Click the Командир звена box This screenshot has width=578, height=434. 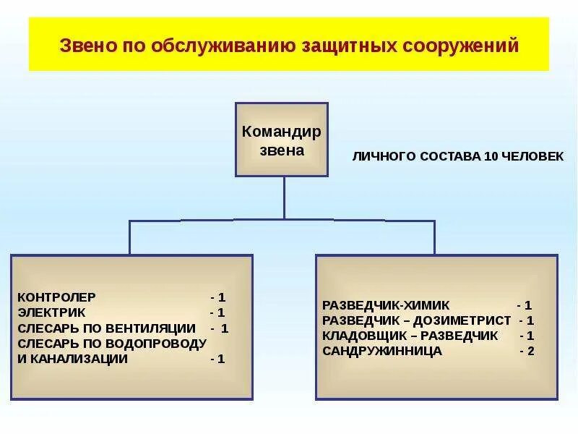(x=282, y=140)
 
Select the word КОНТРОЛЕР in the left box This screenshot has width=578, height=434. (x=56, y=297)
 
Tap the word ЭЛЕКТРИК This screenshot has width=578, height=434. (x=51, y=312)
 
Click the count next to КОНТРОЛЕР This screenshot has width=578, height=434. (x=218, y=297)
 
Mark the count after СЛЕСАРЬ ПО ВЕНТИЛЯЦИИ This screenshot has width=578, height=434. (x=220, y=328)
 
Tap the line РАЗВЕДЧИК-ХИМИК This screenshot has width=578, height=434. (x=386, y=305)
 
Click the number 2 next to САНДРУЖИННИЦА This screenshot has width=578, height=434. (x=528, y=351)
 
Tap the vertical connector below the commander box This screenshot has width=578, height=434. (x=284, y=197)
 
